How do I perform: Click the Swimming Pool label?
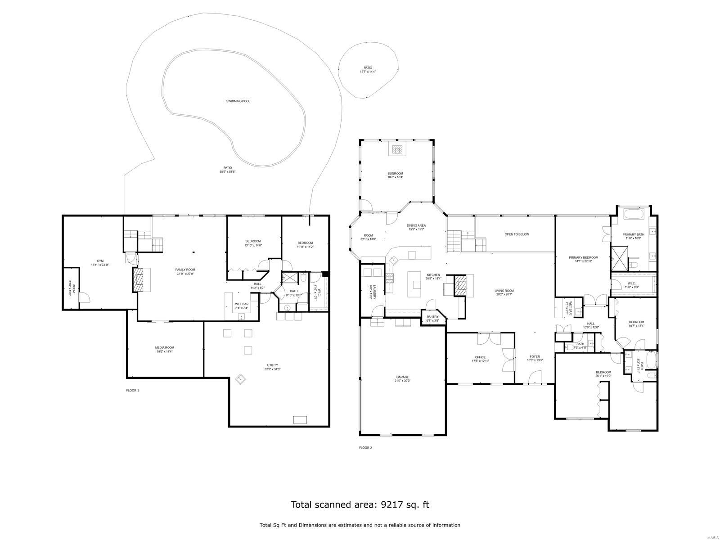click(238, 101)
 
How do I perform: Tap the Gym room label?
click(100, 261)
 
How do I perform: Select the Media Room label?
click(164, 347)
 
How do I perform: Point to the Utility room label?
click(272, 365)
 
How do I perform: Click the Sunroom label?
click(395, 173)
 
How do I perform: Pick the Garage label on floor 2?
click(402, 377)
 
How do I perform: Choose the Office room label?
click(480, 357)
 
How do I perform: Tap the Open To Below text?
click(517, 234)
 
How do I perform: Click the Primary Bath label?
click(633, 234)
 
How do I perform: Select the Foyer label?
click(535, 356)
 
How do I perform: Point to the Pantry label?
click(432, 317)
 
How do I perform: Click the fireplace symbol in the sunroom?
click(397, 150)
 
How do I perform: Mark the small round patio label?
click(368, 68)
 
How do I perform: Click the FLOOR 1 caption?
click(132, 390)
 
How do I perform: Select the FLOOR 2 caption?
click(365, 447)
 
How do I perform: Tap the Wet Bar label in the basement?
click(242, 304)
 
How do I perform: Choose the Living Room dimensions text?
click(504, 294)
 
